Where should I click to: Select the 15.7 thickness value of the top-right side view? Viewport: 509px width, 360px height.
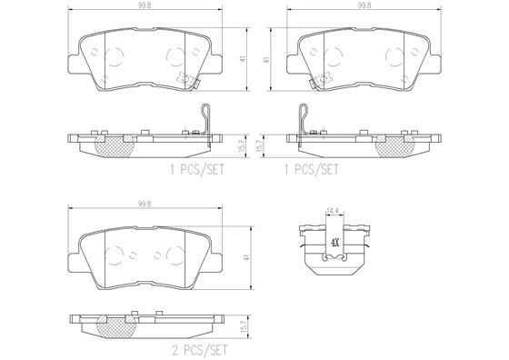266,142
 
